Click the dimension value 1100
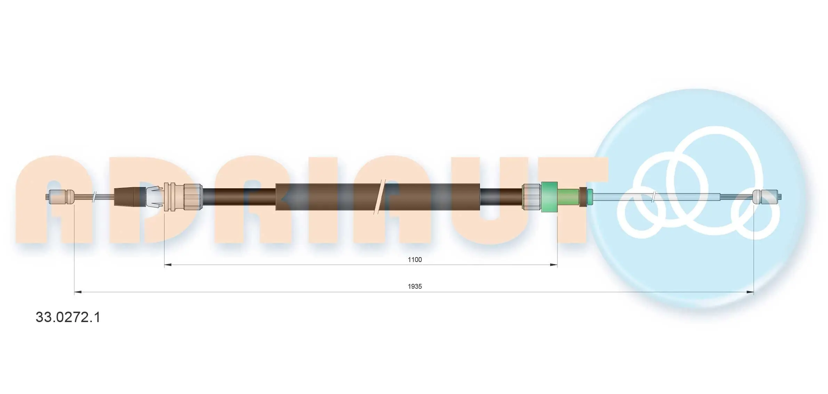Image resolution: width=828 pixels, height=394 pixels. [415, 260]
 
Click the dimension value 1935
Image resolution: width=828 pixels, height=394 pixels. [415, 286]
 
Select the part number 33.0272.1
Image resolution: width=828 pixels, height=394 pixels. [68, 317]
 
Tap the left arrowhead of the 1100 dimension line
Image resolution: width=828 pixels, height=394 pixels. [168, 265]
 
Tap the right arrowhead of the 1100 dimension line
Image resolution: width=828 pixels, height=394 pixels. [554, 265]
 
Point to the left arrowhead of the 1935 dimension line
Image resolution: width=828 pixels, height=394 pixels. [78, 292]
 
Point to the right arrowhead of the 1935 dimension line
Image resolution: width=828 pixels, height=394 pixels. [750, 292]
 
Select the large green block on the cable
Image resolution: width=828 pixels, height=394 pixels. [550, 197]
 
